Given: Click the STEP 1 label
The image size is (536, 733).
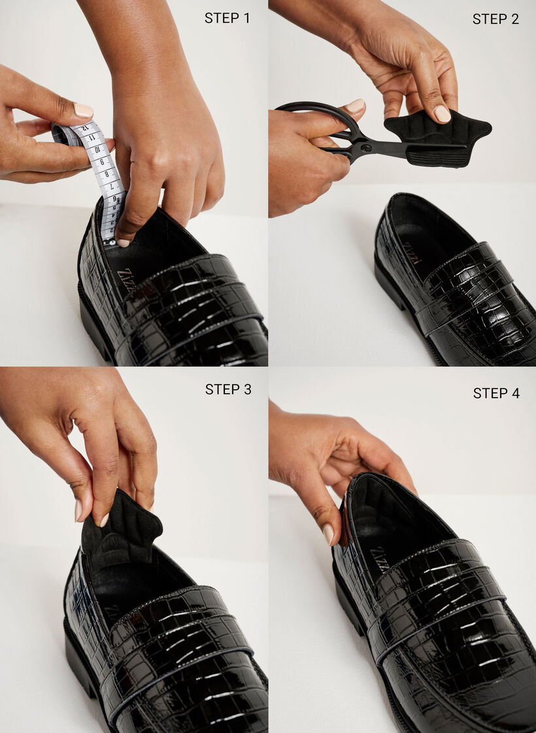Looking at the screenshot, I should tap(227, 18).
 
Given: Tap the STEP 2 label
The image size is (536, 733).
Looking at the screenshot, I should tap(495, 19).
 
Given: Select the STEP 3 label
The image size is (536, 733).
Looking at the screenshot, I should tap(227, 389).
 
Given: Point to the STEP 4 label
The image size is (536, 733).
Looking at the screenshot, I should tap(496, 393).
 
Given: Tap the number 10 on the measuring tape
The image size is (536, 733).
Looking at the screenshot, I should tap(97, 150).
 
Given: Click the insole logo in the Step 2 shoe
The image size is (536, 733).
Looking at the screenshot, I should tap(409, 252).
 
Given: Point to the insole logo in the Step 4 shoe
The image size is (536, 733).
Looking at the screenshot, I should tap(379, 559).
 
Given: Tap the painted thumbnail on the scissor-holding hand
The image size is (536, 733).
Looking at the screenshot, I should tap(355, 105).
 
